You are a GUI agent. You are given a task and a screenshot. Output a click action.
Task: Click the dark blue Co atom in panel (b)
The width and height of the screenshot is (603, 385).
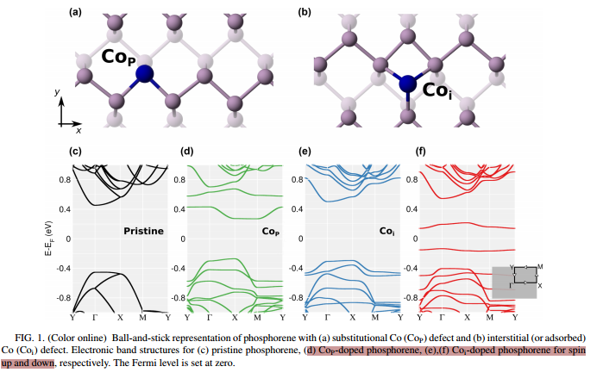(407, 84)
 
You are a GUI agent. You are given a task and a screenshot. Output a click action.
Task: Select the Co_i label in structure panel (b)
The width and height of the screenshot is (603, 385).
(437, 90)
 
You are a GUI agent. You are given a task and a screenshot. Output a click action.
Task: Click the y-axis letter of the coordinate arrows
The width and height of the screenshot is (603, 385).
(57, 90)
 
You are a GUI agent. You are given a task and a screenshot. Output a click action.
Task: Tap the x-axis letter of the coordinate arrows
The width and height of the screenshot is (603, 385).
(79, 132)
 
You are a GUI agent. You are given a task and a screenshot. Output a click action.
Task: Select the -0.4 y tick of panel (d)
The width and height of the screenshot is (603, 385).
(178, 268)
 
